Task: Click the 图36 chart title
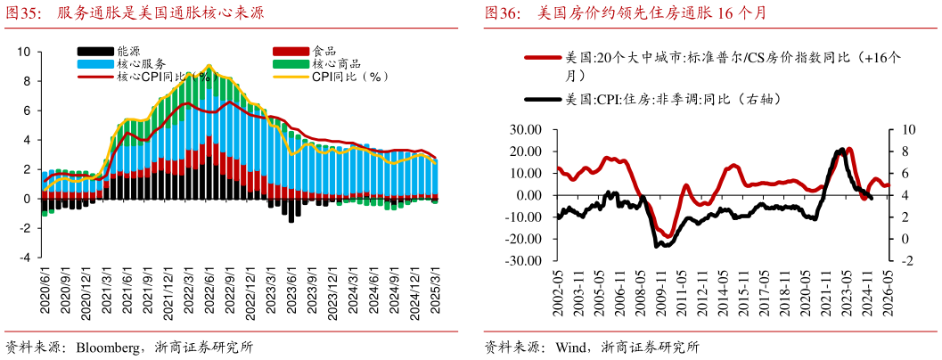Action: click(625, 13)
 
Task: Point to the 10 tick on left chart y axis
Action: click(24, 52)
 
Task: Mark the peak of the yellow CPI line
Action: click(209, 66)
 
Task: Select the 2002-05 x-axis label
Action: click(559, 290)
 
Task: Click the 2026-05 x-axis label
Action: click(888, 290)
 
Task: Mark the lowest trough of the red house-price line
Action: click(666, 236)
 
